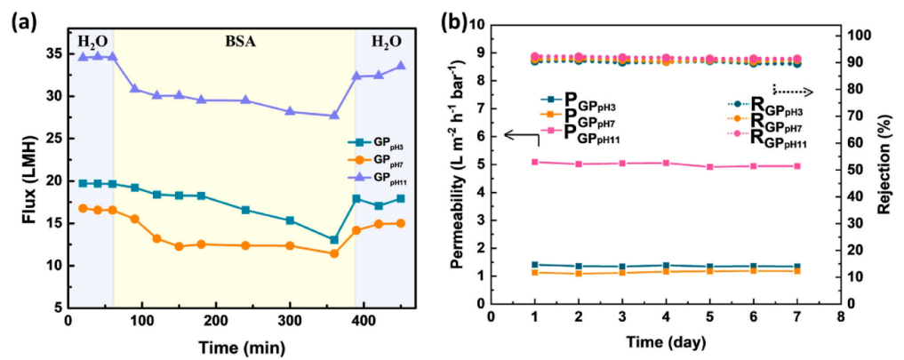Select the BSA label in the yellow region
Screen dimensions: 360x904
(x=234, y=41)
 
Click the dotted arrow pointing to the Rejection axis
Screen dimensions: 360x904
(x=792, y=89)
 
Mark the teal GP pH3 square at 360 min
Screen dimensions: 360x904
(x=334, y=240)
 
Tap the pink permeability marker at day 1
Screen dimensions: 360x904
(x=535, y=162)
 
